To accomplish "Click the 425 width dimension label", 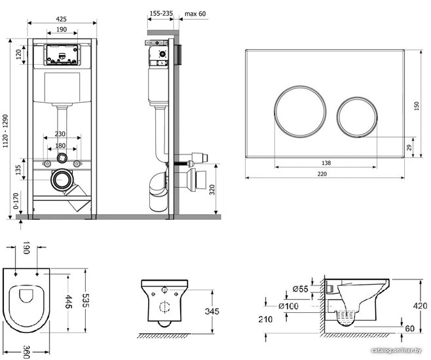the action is click(61, 19).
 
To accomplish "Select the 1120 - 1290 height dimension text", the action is click(5, 132).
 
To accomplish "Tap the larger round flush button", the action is click(301, 111).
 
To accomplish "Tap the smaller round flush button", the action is click(357, 117).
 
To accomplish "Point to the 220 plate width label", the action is click(322, 174).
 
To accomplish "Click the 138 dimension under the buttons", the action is click(326, 163).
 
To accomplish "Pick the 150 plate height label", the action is click(417, 106).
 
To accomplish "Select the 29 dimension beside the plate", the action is click(409, 147).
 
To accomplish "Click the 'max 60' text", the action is click(195, 14).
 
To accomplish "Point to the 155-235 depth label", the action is click(161, 13).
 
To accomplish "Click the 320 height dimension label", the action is click(212, 189).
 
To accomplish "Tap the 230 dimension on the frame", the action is click(60, 134).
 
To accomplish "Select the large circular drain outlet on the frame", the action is click(62, 179).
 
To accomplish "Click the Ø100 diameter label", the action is click(288, 306).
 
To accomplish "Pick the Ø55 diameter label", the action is click(300, 289).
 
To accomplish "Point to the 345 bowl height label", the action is click(212, 311).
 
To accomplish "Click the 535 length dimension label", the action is click(86, 301).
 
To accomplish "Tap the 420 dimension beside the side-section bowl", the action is click(421, 306).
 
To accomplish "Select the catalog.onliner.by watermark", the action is click(396, 350).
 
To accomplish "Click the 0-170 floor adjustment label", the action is click(16, 201).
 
